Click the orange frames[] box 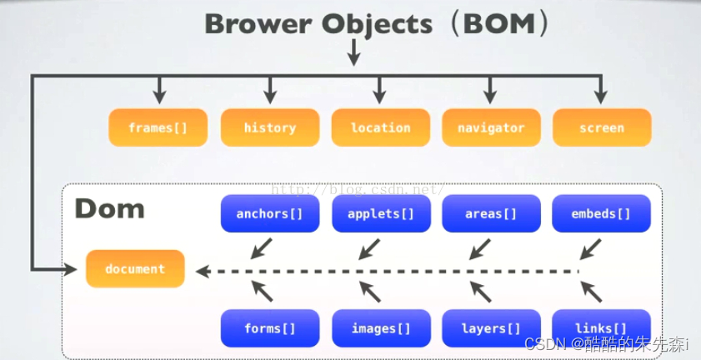pos(158,127)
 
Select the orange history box pos(269,127)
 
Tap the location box pos(380,127)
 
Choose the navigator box pos(490,127)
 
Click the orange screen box pos(601,127)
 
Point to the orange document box pos(135,268)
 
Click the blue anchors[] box pos(269,213)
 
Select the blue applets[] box pos(380,213)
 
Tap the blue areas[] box pos(490,213)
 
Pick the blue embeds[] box pos(601,213)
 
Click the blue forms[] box pos(269,327)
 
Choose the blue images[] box pos(380,327)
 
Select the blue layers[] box pos(490,327)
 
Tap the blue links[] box pos(601,327)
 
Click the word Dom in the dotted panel pos(109,207)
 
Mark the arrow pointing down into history pos(269,90)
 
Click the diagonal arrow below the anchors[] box pos(261,247)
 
